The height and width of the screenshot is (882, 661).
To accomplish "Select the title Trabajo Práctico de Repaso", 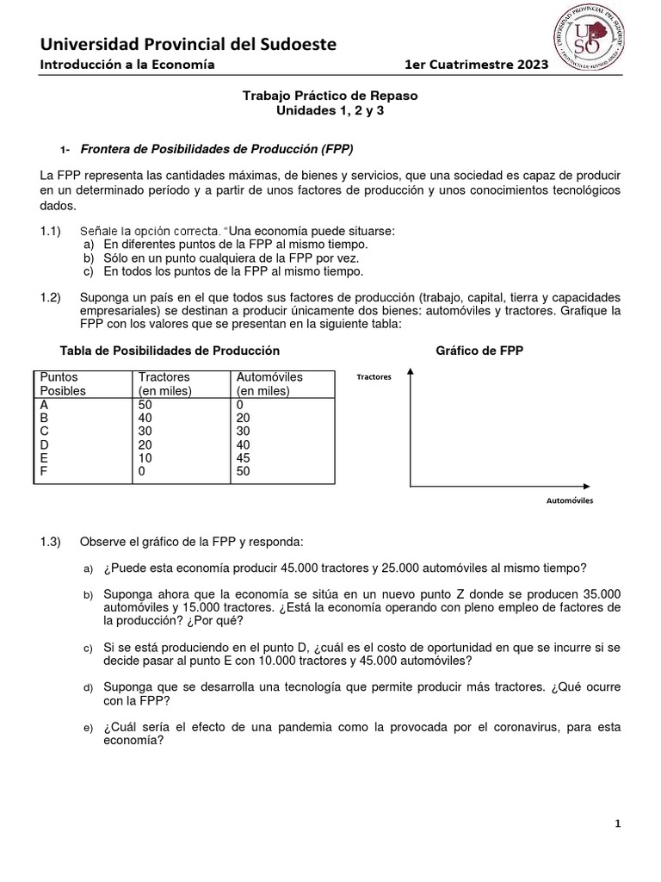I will tap(330, 96).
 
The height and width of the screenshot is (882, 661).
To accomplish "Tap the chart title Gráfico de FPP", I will tap(479, 351).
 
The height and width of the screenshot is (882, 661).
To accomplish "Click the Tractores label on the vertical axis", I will tap(374, 377).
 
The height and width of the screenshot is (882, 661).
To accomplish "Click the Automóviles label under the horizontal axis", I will tap(570, 500).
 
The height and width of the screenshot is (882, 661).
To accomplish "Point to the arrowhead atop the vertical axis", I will tap(411, 371).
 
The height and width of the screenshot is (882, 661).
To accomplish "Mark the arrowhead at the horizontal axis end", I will tap(589, 487).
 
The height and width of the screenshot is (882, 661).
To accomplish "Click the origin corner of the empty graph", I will tap(411, 487).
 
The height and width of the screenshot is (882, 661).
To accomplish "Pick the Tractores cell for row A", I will tap(145, 404).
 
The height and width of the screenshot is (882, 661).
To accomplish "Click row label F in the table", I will tap(44, 471).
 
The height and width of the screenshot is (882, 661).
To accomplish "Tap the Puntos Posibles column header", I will tap(64, 383).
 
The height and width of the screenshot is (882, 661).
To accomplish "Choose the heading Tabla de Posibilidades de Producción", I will tap(170, 351).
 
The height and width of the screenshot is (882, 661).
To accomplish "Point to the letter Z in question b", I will tap(467, 595).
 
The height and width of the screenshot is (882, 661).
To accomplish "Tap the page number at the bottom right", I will tap(617, 824).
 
